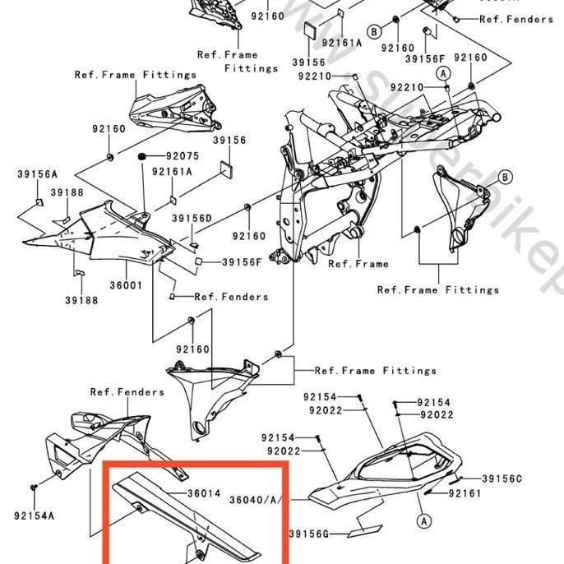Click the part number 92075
tap(183, 156)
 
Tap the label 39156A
tap(37, 174)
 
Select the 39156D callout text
tap(192, 218)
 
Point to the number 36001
tap(127, 285)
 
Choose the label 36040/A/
tap(256, 499)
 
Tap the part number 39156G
tap(308, 534)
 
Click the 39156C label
tap(502, 478)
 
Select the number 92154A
tap(35, 515)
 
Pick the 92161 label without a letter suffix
tap(465, 493)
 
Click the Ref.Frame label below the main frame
tap(358, 264)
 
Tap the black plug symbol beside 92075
tap(142, 156)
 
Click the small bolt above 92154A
tap(34, 488)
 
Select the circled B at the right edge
tap(505, 177)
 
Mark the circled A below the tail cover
tap(423, 520)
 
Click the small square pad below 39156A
tap(38, 201)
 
